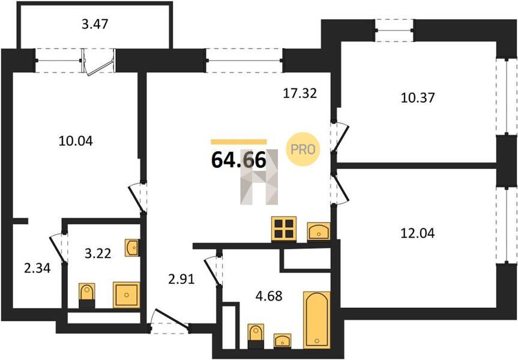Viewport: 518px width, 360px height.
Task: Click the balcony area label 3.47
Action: (x=95, y=24)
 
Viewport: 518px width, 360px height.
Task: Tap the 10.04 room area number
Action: (x=76, y=141)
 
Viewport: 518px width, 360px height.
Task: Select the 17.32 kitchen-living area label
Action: (x=300, y=93)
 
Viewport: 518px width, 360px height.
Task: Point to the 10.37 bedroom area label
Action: (x=418, y=98)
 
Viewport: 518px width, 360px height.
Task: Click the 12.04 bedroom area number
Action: (x=418, y=233)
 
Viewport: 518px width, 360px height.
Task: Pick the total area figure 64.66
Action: (x=238, y=160)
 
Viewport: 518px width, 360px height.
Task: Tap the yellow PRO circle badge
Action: (x=303, y=149)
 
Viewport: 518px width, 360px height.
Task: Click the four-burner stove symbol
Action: (x=284, y=229)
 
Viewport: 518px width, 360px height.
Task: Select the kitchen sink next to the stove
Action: (x=319, y=231)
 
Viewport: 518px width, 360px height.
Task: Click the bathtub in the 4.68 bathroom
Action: (x=317, y=320)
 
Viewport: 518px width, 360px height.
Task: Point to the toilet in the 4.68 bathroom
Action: (x=256, y=336)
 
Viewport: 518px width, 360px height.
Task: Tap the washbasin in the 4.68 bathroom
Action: (x=282, y=341)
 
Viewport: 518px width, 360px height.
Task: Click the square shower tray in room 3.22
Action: (x=127, y=295)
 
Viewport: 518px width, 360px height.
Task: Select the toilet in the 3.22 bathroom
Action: (x=87, y=296)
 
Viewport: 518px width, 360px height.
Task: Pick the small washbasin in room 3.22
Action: (x=132, y=248)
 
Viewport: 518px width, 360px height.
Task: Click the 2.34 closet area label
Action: (x=37, y=268)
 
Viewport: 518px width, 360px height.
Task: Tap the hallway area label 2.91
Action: (x=181, y=280)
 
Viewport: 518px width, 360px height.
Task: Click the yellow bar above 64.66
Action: (x=238, y=142)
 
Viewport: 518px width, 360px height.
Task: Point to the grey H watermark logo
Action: (x=259, y=176)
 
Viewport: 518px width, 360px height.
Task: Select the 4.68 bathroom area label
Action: (x=269, y=296)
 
